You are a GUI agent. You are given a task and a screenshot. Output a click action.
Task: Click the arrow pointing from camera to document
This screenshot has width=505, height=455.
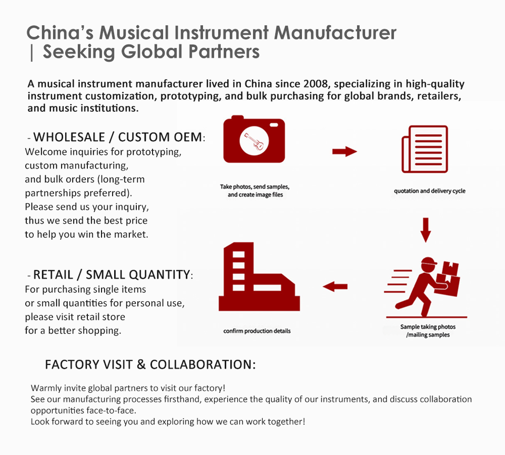click(x=345, y=152)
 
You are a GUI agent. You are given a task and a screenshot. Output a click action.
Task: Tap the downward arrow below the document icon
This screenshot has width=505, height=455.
click(x=426, y=229)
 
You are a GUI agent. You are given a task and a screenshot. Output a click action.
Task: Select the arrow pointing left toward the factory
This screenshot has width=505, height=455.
click(x=335, y=286)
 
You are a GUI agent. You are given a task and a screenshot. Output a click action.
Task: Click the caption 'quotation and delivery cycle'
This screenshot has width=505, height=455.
click(x=429, y=191)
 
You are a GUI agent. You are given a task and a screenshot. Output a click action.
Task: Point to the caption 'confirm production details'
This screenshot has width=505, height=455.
click(x=257, y=331)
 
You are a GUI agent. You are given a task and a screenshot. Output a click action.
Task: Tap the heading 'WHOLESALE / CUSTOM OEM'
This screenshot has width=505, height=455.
click(x=117, y=137)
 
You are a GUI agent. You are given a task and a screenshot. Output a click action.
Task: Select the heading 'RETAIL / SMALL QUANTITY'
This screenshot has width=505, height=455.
click(x=111, y=274)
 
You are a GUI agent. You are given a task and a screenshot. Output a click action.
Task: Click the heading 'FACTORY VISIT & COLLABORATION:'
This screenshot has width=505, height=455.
click(x=150, y=364)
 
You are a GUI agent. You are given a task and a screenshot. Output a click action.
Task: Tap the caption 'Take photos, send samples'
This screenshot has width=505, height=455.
click(x=255, y=187)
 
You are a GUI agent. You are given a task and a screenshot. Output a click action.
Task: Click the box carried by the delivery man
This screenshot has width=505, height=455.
click(x=450, y=273)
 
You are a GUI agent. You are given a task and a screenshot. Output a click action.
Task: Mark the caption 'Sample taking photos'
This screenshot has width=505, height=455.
click(x=428, y=327)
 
